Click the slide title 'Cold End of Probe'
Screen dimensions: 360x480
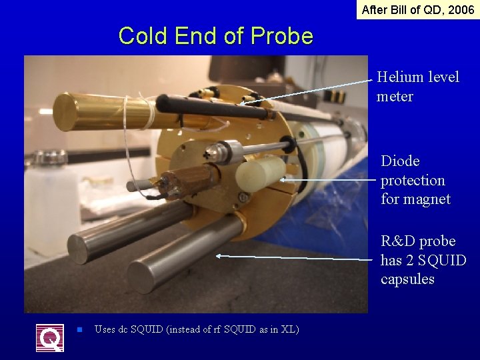click(x=215, y=35)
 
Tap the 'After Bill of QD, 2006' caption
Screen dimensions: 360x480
click(x=418, y=10)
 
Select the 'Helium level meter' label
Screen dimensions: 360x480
click(x=417, y=87)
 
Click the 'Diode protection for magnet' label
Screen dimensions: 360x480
click(x=415, y=180)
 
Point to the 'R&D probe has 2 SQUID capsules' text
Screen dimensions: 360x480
click(x=423, y=260)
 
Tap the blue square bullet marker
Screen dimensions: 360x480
click(x=79, y=329)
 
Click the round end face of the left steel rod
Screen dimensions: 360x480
click(x=78, y=250)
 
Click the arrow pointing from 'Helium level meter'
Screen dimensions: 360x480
click(x=307, y=91)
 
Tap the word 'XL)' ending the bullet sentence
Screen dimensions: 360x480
click(x=289, y=329)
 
